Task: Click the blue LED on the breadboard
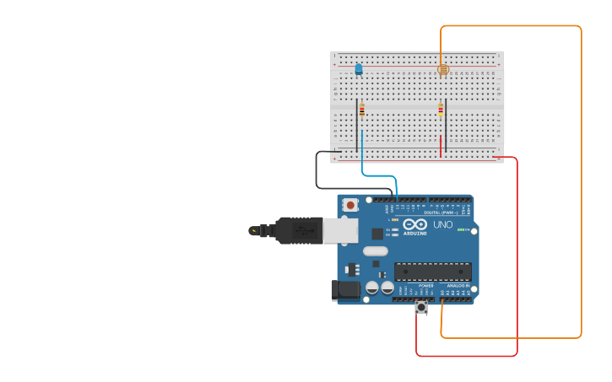click(x=359, y=69)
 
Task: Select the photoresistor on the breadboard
click(x=443, y=70)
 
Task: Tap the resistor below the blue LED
click(x=362, y=109)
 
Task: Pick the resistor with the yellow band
click(x=441, y=109)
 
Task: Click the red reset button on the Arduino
click(x=350, y=204)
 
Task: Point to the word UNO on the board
click(x=443, y=225)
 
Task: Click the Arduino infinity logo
click(x=414, y=224)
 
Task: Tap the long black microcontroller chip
click(x=432, y=272)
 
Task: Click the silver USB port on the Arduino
click(x=341, y=230)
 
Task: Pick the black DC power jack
click(x=346, y=290)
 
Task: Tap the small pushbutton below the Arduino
click(x=421, y=307)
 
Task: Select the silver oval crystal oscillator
click(x=376, y=250)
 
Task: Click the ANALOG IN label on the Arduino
click(x=458, y=286)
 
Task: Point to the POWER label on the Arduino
click(x=426, y=286)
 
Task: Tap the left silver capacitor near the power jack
click(x=371, y=288)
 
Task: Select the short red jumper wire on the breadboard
click(x=441, y=146)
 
